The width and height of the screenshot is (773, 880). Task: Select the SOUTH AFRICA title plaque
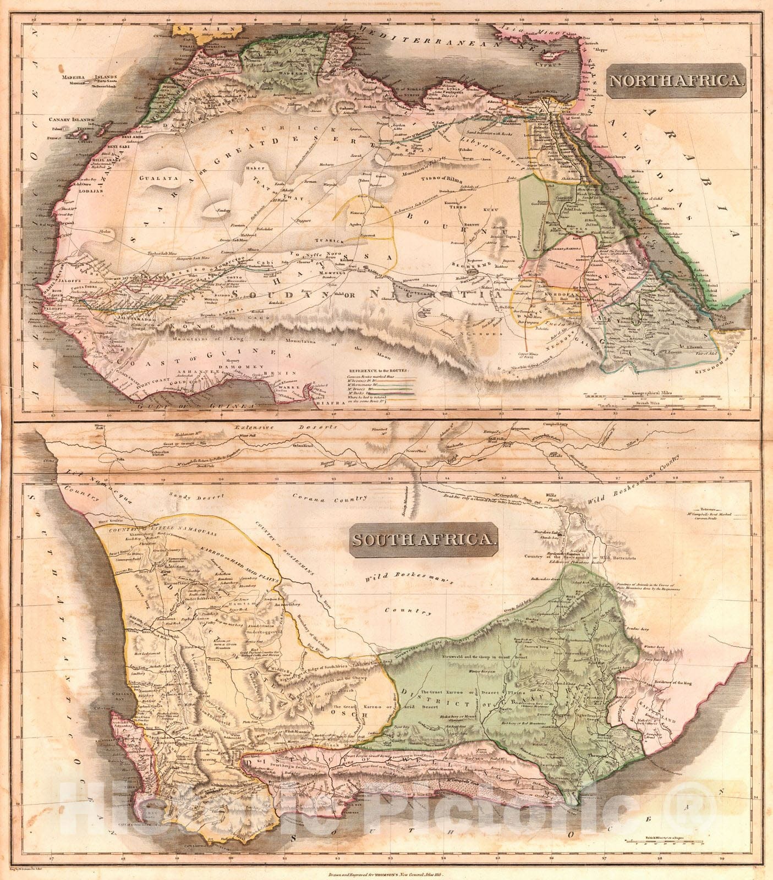423,540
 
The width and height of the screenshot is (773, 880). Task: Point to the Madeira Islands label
84,78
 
